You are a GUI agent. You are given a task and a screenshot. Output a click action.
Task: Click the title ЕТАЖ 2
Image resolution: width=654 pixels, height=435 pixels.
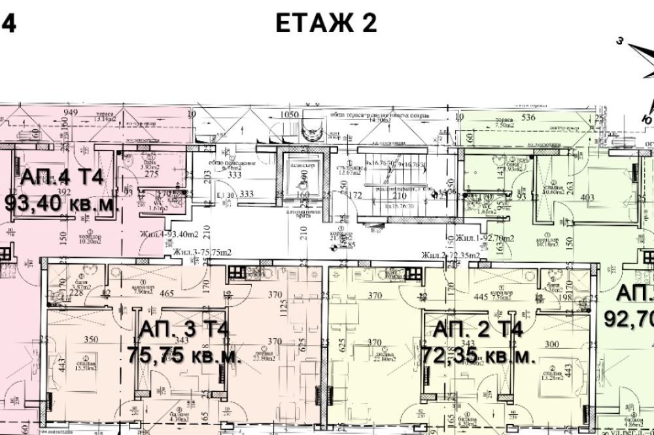[326, 24]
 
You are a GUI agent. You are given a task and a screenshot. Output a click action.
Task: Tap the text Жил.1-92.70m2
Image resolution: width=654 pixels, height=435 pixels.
[485, 237]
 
